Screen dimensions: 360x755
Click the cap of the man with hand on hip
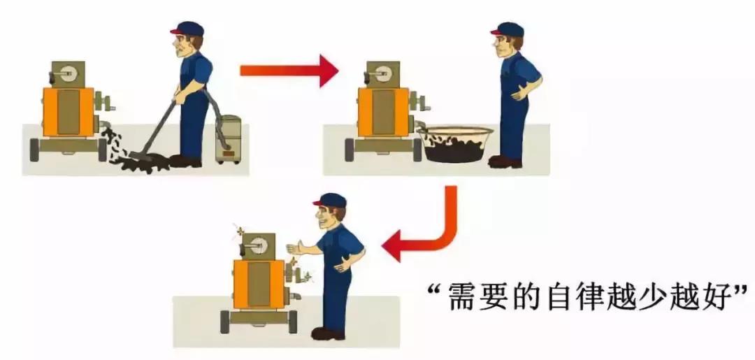pos(508,29)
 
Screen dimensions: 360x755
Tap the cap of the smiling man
pos(329,201)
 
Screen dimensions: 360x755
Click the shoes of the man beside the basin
pos(504,161)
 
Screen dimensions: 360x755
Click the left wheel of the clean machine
pos(225,322)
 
